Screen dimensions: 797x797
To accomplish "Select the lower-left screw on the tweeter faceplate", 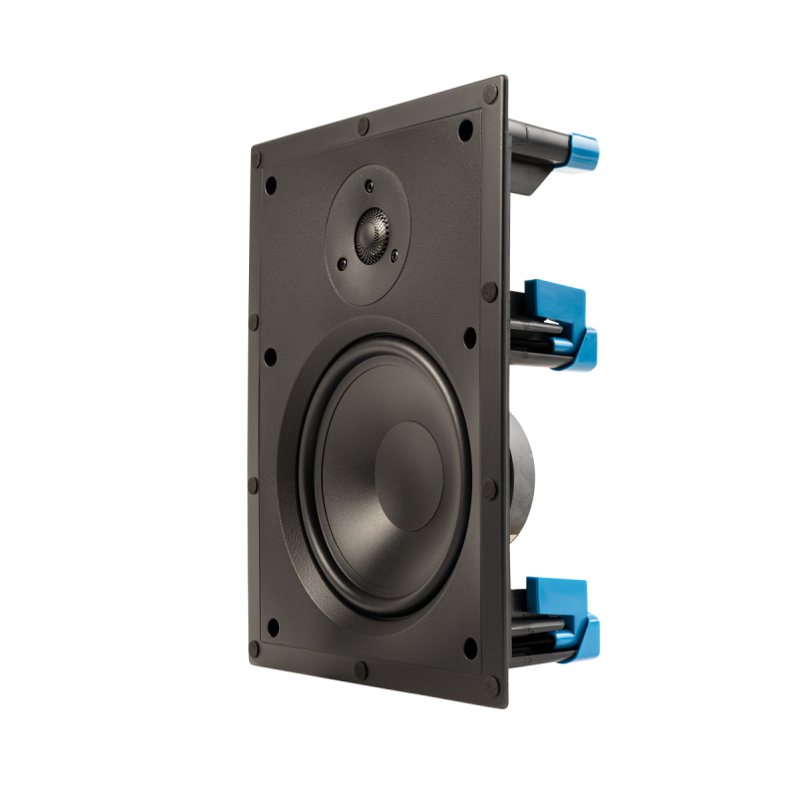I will pyautogui.click(x=343, y=264).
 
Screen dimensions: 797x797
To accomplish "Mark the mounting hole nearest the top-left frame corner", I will pyautogui.click(x=270, y=183).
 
